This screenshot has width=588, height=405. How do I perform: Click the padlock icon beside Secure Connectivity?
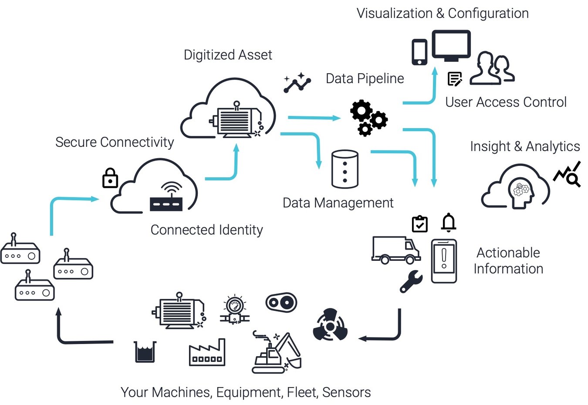click(x=110, y=178)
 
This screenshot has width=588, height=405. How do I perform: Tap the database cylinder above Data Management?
click(x=345, y=169)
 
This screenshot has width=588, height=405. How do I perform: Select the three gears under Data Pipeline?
click(x=368, y=118)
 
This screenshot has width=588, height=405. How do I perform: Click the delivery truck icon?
click(x=395, y=250)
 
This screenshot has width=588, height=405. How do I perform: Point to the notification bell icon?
click(x=449, y=223)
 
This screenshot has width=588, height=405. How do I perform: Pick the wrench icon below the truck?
click(x=411, y=281)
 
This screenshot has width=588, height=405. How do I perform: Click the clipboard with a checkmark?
click(x=420, y=224)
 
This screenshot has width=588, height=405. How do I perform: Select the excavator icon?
click(x=277, y=354)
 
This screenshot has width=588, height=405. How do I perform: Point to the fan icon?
click(x=330, y=325)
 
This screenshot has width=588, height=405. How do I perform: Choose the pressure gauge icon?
click(x=235, y=310)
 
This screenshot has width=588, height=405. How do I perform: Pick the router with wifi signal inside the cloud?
click(x=166, y=198)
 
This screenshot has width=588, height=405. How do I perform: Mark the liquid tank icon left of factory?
click(x=145, y=351)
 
